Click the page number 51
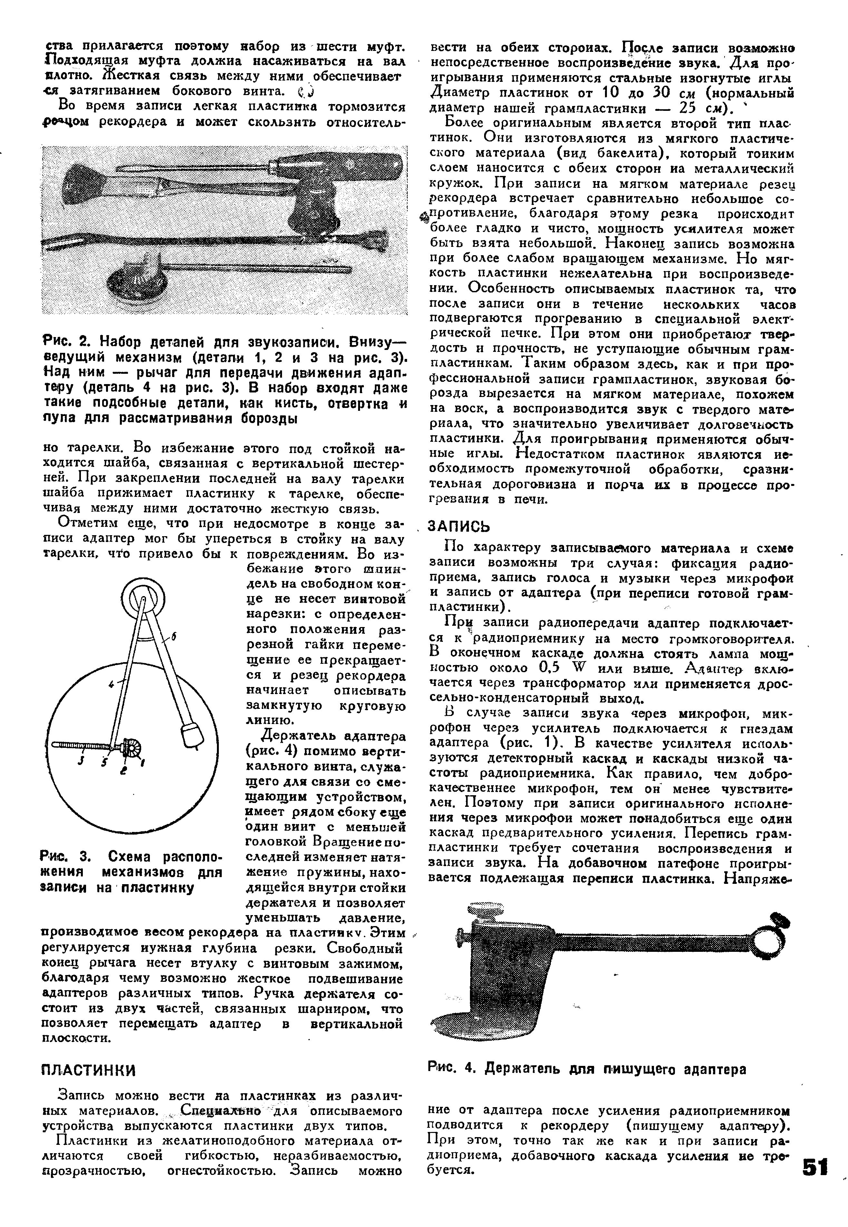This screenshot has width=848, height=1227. [x=815, y=1183]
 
